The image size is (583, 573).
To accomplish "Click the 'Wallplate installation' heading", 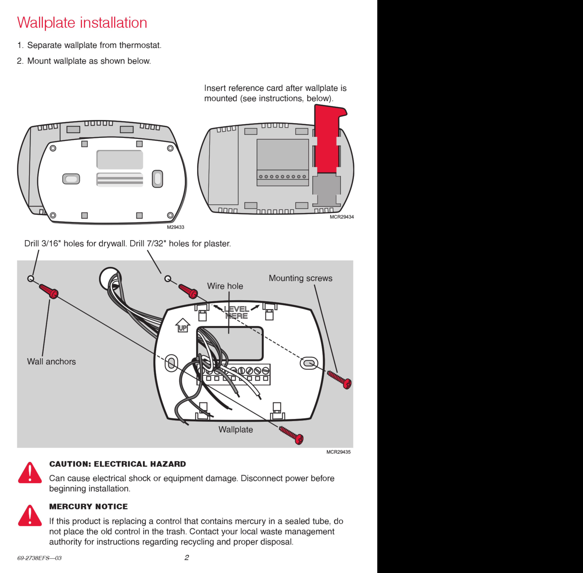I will pos(82,23).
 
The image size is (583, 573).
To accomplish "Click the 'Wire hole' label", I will pos(225,286).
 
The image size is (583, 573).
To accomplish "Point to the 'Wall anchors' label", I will pos(51,361).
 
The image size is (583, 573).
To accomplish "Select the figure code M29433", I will pos(175,227).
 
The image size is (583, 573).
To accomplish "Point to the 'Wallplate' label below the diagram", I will pos(236,429).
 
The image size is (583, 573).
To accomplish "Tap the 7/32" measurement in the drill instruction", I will pos(156,243).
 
